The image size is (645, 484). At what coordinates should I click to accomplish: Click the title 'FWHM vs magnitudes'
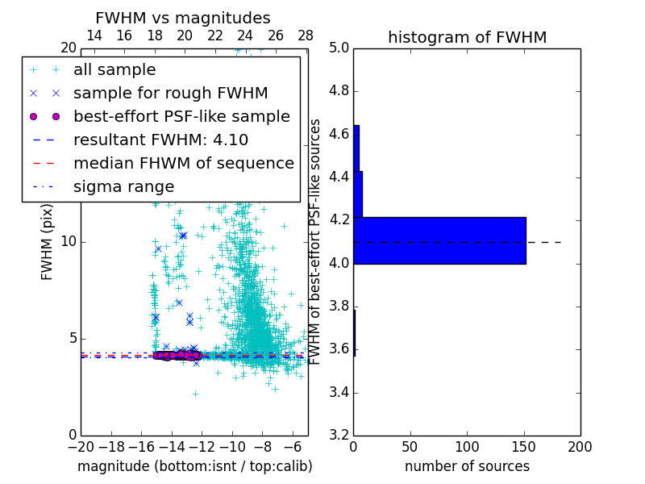[182, 19]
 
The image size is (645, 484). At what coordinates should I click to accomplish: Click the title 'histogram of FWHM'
[467, 37]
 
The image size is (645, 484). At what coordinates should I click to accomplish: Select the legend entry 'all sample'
[114, 70]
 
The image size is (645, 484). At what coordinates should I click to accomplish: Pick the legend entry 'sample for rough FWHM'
[171, 93]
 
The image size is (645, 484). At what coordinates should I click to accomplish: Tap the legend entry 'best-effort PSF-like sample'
[181, 116]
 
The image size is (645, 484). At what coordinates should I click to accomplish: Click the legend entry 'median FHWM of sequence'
[184, 163]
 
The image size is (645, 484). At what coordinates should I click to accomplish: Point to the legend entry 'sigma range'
[123, 186]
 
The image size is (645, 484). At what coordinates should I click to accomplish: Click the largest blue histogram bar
[439, 240]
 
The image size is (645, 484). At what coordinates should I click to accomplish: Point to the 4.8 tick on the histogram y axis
[339, 91]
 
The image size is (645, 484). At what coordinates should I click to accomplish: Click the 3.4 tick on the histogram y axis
[339, 392]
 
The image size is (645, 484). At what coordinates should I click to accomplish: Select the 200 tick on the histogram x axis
[580, 446]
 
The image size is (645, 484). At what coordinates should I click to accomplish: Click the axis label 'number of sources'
[467, 466]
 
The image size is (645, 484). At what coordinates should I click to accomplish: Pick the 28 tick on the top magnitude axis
[306, 36]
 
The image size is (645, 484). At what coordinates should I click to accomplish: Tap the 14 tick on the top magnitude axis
[94, 36]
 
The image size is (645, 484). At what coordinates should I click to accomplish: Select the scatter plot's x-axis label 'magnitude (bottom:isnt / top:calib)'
[194, 466]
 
